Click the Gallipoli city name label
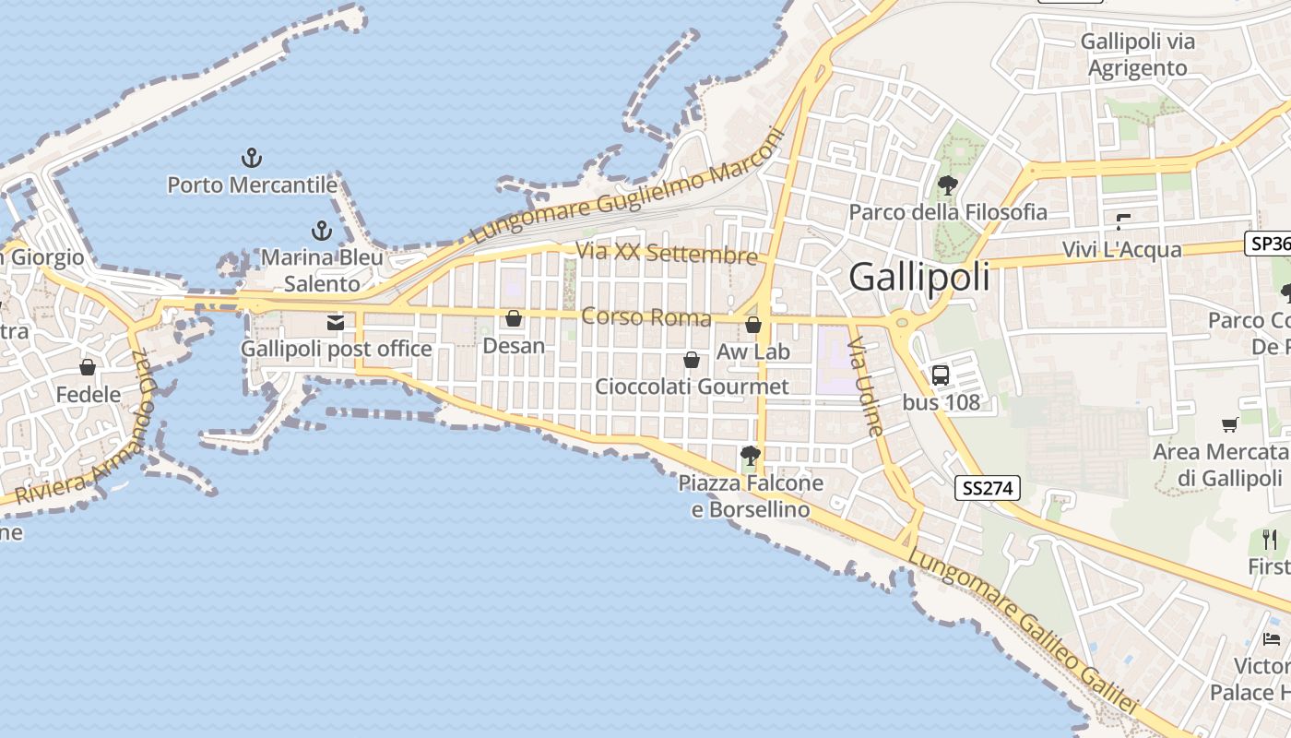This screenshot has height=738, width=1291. [x=919, y=277]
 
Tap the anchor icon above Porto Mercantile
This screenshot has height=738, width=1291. [x=251, y=158]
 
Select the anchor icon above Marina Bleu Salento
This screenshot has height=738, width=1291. [x=321, y=230]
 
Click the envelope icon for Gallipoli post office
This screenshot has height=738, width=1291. [x=336, y=323]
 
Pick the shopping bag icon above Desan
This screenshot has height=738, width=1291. [x=514, y=318]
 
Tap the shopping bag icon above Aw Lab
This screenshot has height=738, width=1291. [x=753, y=325]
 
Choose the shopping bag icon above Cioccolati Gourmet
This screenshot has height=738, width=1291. [x=692, y=359]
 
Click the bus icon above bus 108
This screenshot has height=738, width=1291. [x=941, y=375]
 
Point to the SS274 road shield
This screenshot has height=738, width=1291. [x=988, y=488]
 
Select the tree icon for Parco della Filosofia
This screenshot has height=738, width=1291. [x=947, y=185]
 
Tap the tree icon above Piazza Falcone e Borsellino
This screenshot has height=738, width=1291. [x=750, y=455]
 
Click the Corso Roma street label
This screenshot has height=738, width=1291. [x=646, y=318]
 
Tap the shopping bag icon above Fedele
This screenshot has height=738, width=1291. [x=88, y=368]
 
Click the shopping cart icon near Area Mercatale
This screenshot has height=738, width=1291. [x=1229, y=425]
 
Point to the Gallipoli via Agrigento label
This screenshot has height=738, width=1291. [x=1138, y=54]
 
